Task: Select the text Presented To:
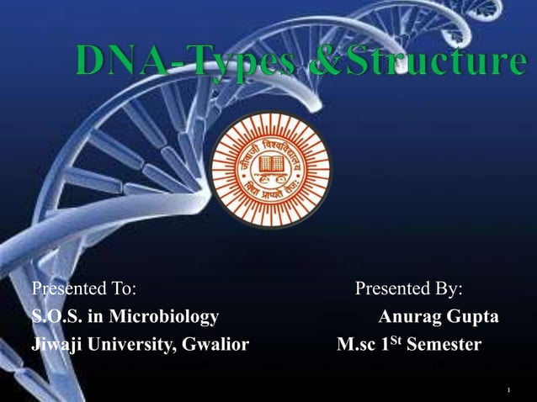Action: click(83, 289)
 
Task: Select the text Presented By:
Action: click(409, 289)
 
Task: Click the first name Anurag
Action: click(407, 317)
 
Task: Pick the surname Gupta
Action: click(471, 317)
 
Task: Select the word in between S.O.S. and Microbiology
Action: click(88, 317)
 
